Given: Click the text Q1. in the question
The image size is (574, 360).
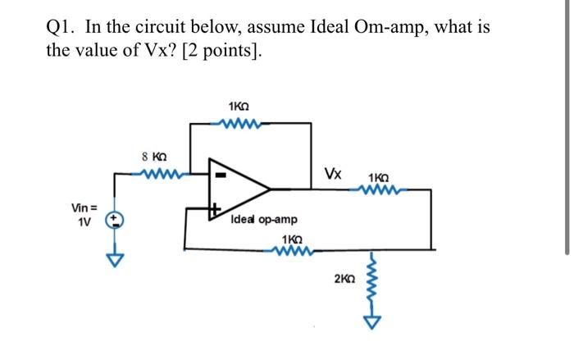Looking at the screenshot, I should (x=62, y=27).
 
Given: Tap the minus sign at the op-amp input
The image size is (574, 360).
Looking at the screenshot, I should (x=219, y=174).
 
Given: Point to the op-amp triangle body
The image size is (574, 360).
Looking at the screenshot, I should (x=241, y=190).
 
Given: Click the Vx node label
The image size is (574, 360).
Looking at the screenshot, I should (x=333, y=174).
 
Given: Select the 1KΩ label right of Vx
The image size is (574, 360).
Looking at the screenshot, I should (x=380, y=177).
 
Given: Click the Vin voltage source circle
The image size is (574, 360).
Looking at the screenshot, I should (x=116, y=220).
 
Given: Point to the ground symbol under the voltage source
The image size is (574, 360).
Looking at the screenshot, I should (x=116, y=260).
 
